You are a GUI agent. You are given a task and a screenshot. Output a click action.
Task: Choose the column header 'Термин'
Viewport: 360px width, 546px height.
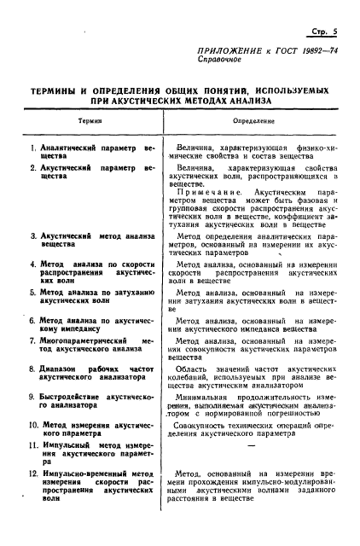[90, 122]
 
